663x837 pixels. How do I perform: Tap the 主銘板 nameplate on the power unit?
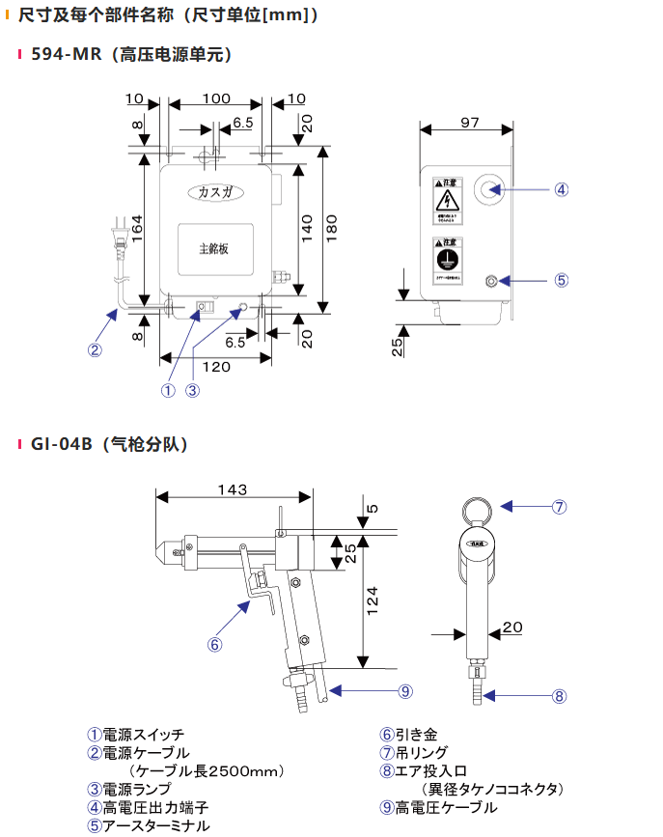[213, 248]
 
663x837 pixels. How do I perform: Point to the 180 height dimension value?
[332, 229]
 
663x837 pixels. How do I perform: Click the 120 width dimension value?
[215, 368]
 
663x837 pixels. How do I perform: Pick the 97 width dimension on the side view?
[469, 122]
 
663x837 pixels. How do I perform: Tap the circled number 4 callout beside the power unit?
[561, 189]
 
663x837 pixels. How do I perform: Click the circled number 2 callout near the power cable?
[95, 349]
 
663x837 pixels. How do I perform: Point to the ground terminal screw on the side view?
[492, 281]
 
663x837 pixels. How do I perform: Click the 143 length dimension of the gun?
[233, 489]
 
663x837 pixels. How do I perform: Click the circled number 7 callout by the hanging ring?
[559, 506]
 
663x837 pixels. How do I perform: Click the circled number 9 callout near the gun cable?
[405, 690]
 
